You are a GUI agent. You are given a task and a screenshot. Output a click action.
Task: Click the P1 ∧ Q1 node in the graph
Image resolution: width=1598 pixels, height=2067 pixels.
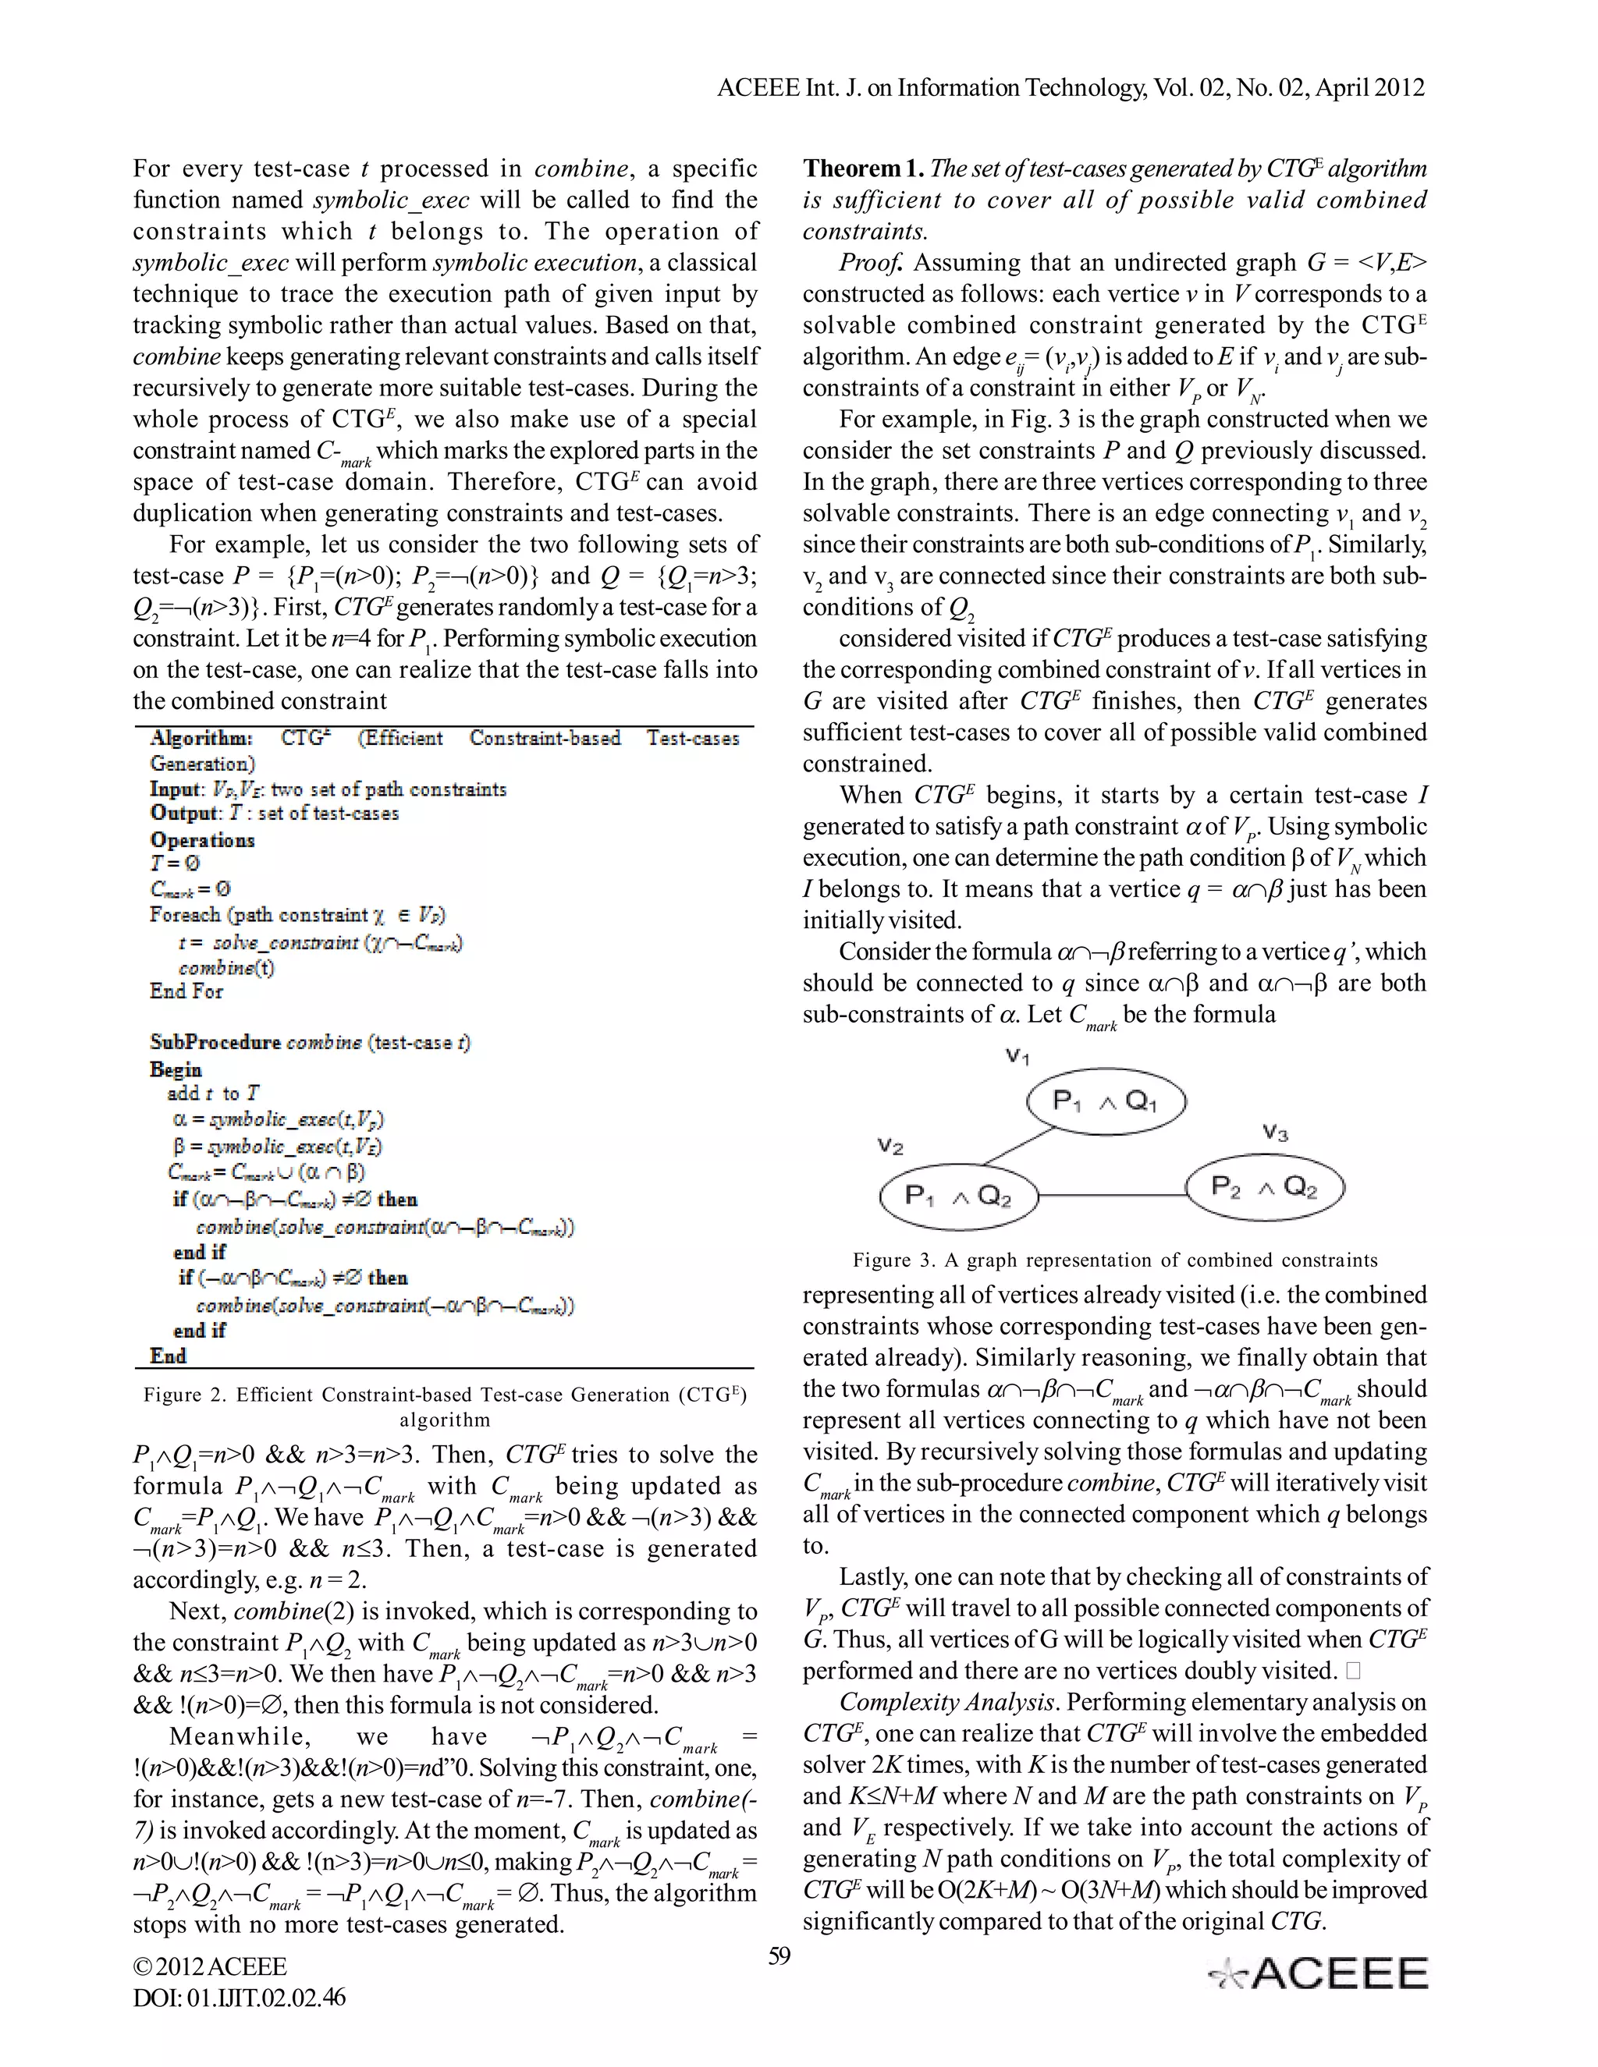point(1106,1101)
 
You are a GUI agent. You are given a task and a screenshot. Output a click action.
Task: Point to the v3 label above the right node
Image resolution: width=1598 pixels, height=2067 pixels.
point(1275,1132)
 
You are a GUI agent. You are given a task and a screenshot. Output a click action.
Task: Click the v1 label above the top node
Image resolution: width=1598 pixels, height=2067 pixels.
point(1017,1055)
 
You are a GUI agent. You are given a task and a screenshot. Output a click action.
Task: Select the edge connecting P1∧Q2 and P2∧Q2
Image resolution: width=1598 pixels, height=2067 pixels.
point(1113,1194)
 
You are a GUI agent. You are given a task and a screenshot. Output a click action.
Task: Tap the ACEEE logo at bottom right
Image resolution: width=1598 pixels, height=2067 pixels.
point(1319,1973)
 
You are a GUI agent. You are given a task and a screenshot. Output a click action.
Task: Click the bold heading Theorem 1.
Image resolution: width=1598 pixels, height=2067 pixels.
point(864,168)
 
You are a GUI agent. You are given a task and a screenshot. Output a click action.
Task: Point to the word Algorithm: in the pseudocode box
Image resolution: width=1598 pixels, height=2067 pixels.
point(201,738)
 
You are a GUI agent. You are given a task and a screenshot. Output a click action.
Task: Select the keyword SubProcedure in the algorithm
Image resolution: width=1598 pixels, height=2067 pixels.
point(215,1042)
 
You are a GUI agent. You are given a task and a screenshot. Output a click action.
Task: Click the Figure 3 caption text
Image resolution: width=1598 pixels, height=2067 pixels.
point(1114,1260)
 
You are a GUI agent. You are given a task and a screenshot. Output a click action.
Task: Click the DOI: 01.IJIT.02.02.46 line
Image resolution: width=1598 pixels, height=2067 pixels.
point(240,1997)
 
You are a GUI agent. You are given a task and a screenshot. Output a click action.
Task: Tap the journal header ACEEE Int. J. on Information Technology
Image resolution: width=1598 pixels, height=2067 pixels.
point(1070,87)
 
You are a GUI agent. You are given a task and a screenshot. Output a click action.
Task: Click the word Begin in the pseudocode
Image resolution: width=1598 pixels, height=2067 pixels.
point(175,1069)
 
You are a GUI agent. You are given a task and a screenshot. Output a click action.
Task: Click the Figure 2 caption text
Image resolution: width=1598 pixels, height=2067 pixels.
point(445,1406)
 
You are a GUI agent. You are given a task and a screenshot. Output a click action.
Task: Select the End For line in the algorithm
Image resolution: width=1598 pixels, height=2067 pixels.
point(186,991)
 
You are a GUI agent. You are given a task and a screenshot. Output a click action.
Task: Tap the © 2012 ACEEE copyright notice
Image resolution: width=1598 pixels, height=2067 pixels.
point(210,1966)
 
